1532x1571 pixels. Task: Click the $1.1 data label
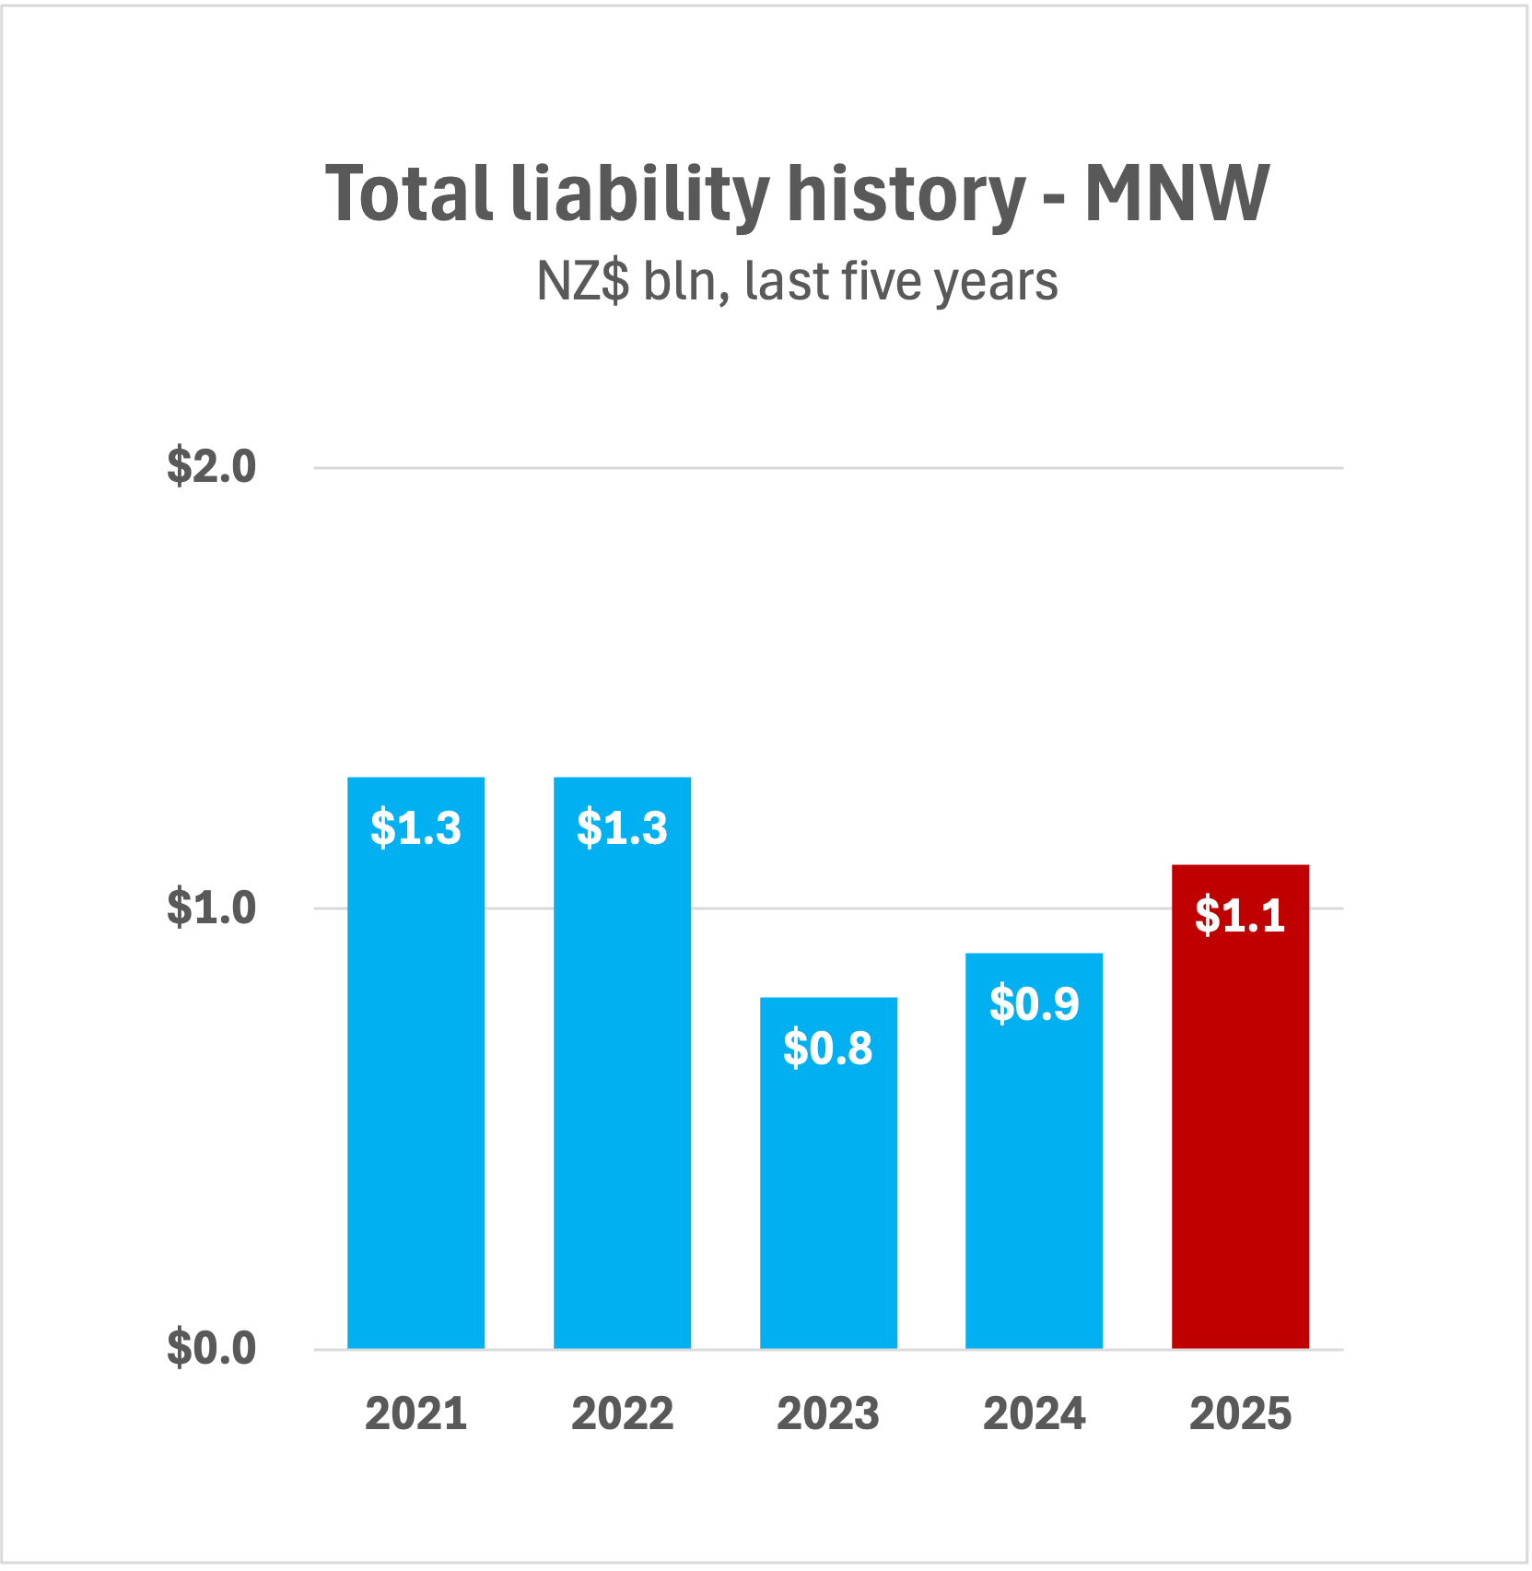pyautogui.click(x=1240, y=915)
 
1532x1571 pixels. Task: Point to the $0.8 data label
pyautogui.click(x=828, y=1048)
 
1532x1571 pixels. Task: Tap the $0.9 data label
pyautogui.click(x=1034, y=1003)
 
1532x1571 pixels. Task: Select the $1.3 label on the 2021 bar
pyautogui.click(x=415, y=827)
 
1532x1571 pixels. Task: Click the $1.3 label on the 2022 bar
pyautogui.click(x=622, y=827)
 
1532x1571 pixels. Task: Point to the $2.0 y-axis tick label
pyautogui.click(x=211, y=466)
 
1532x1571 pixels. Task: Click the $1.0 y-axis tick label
pyautogui.click(x=211, y=908)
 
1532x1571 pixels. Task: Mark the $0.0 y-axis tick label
pyautogui.click(x=211, y=1348)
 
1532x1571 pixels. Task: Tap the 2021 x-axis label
pyautogui.click(x=415, y=1413)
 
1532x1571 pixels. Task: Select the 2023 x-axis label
pyautogui.click(x=828, y=1413)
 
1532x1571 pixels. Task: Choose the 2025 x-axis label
pyautogui.click(x=1240, y=1413)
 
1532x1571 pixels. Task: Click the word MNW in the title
pyautogui.click(x=1176, y=193)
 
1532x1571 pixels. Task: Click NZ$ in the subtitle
pyautogui.click(x=583, y=281)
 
